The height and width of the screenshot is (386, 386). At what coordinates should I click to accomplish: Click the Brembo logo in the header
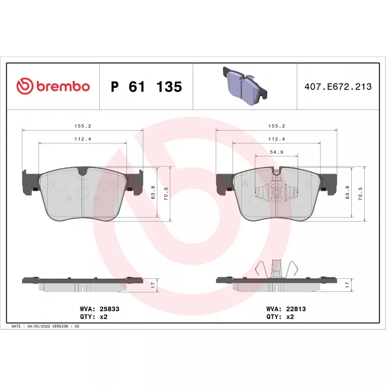point(53,86)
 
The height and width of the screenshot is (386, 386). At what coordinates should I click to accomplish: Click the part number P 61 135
point(147,87)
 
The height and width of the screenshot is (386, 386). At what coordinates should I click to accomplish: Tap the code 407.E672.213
point(338,87)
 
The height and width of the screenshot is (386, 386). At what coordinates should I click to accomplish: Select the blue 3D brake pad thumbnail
point(245,86)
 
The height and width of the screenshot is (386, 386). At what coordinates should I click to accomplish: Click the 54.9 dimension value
point(276,152)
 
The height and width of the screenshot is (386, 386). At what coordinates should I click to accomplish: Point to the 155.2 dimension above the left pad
point(83,126)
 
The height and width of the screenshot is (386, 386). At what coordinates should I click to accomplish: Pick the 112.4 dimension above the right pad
point(276,139)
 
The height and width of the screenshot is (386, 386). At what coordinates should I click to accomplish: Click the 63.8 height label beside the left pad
point(153,193)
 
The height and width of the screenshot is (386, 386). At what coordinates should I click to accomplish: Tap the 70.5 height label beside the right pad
point(360,194)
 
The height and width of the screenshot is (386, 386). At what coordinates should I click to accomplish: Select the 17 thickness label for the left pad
point(153,285)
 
